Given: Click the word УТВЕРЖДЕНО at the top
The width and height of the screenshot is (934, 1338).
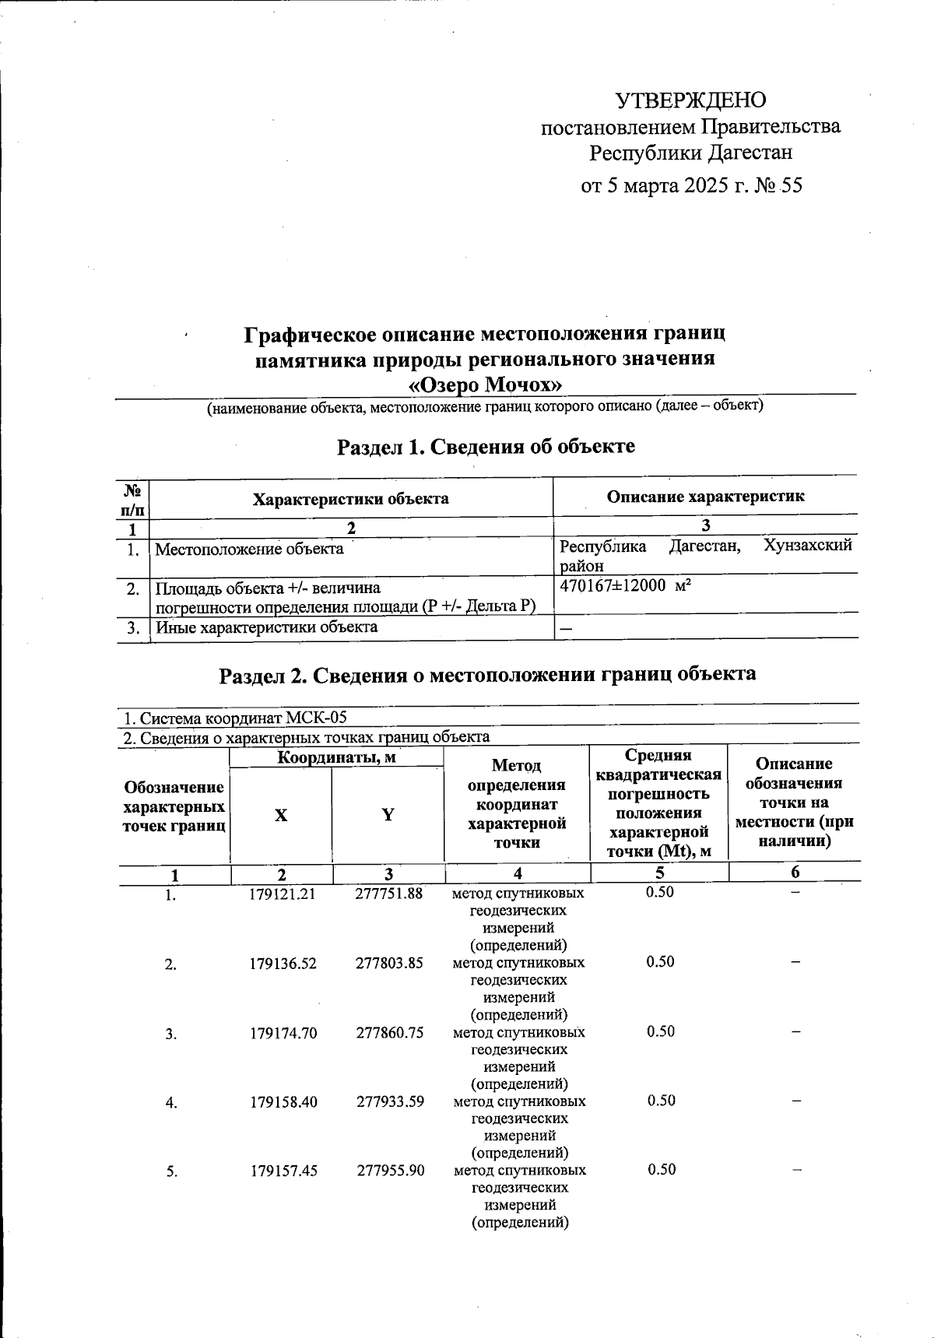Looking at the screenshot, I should [690, 100].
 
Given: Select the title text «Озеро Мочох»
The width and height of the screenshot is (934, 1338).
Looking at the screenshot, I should [486, 385].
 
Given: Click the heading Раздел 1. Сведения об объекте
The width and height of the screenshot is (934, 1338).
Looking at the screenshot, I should [486, 447].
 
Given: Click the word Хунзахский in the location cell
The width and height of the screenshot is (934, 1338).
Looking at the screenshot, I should [808, 546].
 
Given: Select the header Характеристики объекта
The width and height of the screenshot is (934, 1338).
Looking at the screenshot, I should [350, 499].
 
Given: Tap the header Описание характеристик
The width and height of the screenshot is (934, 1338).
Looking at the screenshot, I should [705, 496].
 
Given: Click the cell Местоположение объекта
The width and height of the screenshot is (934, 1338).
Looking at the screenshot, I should [249, 549].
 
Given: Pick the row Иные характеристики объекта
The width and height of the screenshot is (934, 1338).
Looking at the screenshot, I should [267, 627].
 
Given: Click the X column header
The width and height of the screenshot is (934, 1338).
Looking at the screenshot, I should [280, 816].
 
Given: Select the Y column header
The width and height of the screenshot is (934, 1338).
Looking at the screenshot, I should [387, 815].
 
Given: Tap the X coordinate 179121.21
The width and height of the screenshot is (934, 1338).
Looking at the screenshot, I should [282, 894].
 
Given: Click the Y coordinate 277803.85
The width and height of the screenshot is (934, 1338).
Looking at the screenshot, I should [389, 963].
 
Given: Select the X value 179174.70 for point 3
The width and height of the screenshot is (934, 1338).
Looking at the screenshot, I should [283, 1033].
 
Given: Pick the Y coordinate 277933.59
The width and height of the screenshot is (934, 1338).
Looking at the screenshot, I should [390, 1101].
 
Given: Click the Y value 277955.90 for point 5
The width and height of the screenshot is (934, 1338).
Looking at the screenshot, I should [390, 1170].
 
